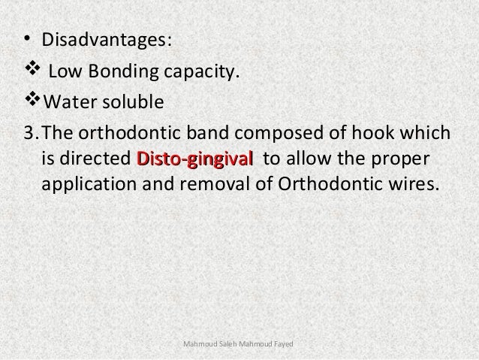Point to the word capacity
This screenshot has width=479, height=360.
click(203, 73)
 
